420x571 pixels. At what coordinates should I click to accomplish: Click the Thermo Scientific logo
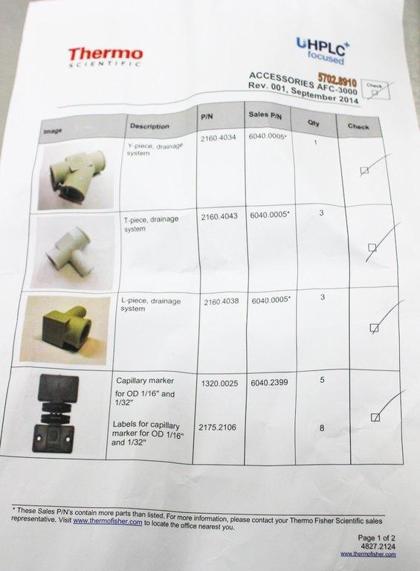coord(105,56)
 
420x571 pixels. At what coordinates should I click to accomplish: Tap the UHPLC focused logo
coord(323,50)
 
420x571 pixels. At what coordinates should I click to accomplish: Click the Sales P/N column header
coord(264,117)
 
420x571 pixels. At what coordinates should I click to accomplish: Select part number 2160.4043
coord(220,216)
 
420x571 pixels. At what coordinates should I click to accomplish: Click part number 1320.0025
coord(220,383)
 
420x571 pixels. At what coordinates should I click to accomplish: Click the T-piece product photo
coord(69,251)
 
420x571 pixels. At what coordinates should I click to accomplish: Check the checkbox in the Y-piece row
coord(364,170)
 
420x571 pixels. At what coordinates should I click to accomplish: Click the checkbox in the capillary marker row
coord(375,417)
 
